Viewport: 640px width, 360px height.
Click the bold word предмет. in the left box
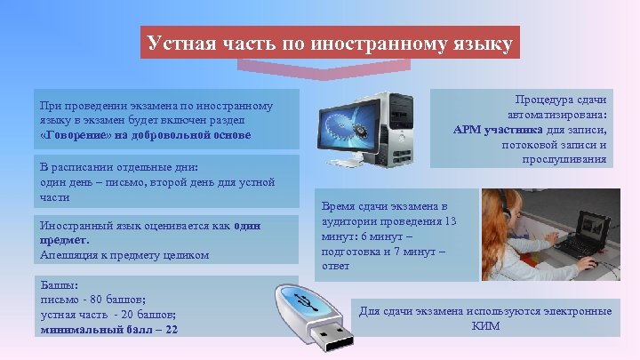(x=65, y=240)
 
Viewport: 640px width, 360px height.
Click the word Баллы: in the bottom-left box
(x=59, y=286)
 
